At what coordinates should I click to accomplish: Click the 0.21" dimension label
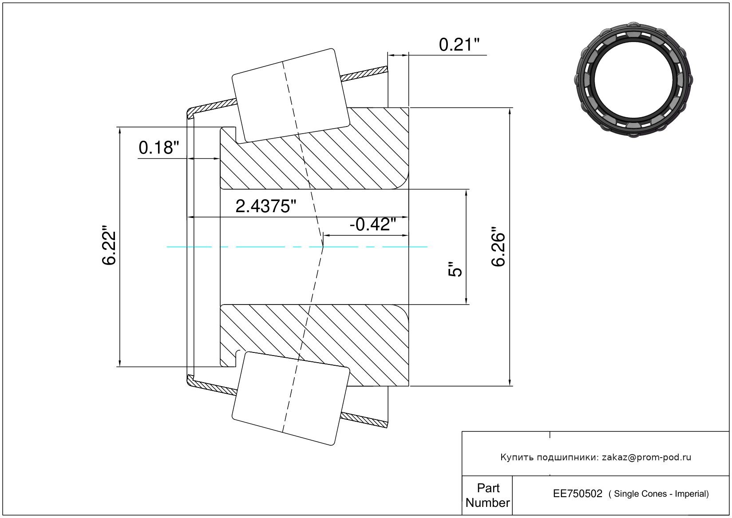click(x=459, y=45)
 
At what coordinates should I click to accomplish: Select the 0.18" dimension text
click(x=159, y=148)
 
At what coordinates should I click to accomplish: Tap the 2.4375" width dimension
click(x=265, y=206)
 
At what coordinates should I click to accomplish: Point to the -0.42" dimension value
click(x=373, y=225)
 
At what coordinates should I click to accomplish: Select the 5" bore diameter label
click(x=455, y=269)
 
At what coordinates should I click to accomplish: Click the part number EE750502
click(x=578, y=494)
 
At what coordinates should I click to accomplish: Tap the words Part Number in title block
click(x=488, y=495)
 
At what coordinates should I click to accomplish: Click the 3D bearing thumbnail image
click(x=633, y=80)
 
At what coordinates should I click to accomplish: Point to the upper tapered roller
click(x=291, y=95)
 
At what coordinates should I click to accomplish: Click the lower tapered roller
click(x=291, y=399)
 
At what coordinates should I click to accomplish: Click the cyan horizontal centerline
click(x=297, y=247)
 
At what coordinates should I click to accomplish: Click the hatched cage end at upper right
click(x=364, y=74)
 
